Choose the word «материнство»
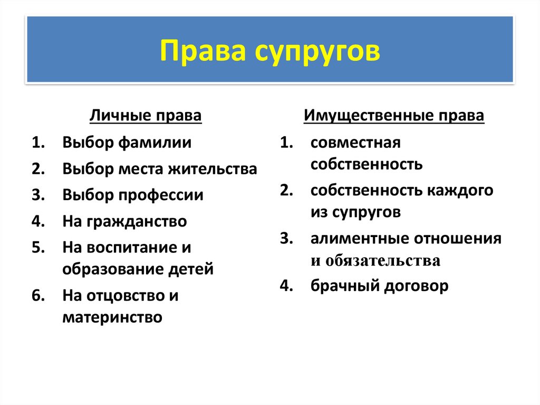(112, 317)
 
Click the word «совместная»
(355, 143)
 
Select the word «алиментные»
(359, 239)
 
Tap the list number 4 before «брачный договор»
(285, 286)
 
